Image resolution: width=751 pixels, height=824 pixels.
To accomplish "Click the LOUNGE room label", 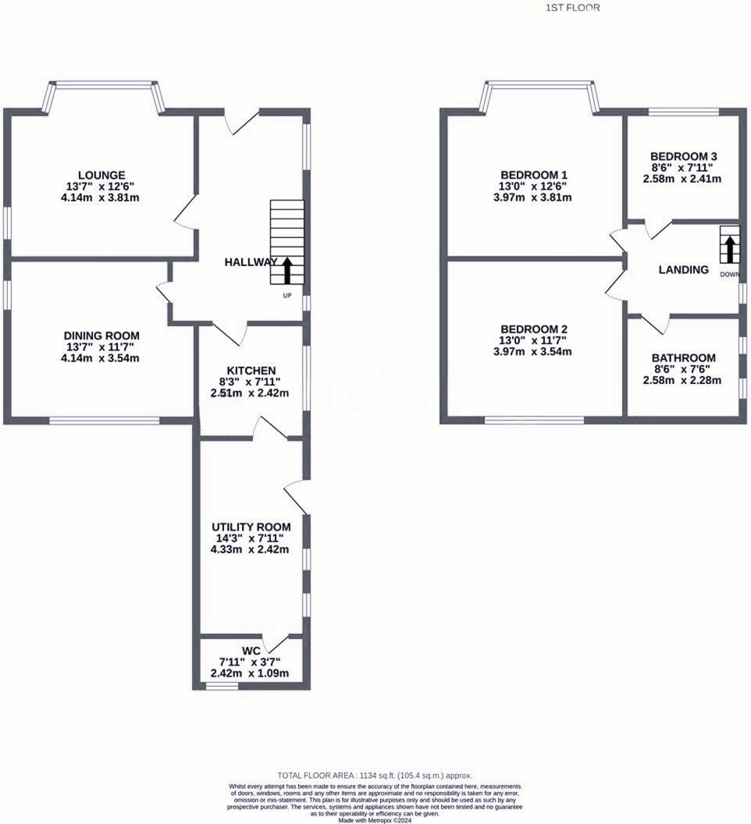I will tap(101, 174).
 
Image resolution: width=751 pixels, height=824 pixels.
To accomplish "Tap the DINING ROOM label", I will tap(101, 335).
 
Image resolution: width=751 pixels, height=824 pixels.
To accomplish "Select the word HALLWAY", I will tap(251, 263).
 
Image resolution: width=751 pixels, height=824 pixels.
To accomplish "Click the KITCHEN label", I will tap(251, 370).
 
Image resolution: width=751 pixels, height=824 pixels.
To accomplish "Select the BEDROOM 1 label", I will tap(534, 174).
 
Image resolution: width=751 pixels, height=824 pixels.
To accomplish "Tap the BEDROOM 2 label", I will tap(534, 329).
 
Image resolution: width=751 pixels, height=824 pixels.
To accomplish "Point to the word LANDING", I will tap(684, 270).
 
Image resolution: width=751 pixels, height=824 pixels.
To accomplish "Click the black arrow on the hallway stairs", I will tap(287, 270).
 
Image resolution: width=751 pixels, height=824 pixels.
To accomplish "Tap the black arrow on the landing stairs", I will tap(730, 250).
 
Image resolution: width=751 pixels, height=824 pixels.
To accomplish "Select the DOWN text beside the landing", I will tap(729, 275).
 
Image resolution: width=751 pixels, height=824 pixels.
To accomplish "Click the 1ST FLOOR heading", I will tap(573, 8).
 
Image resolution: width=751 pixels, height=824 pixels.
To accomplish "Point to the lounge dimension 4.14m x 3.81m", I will tap(101, 197).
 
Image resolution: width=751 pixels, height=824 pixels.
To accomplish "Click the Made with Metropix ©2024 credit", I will tap(375, 820).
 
